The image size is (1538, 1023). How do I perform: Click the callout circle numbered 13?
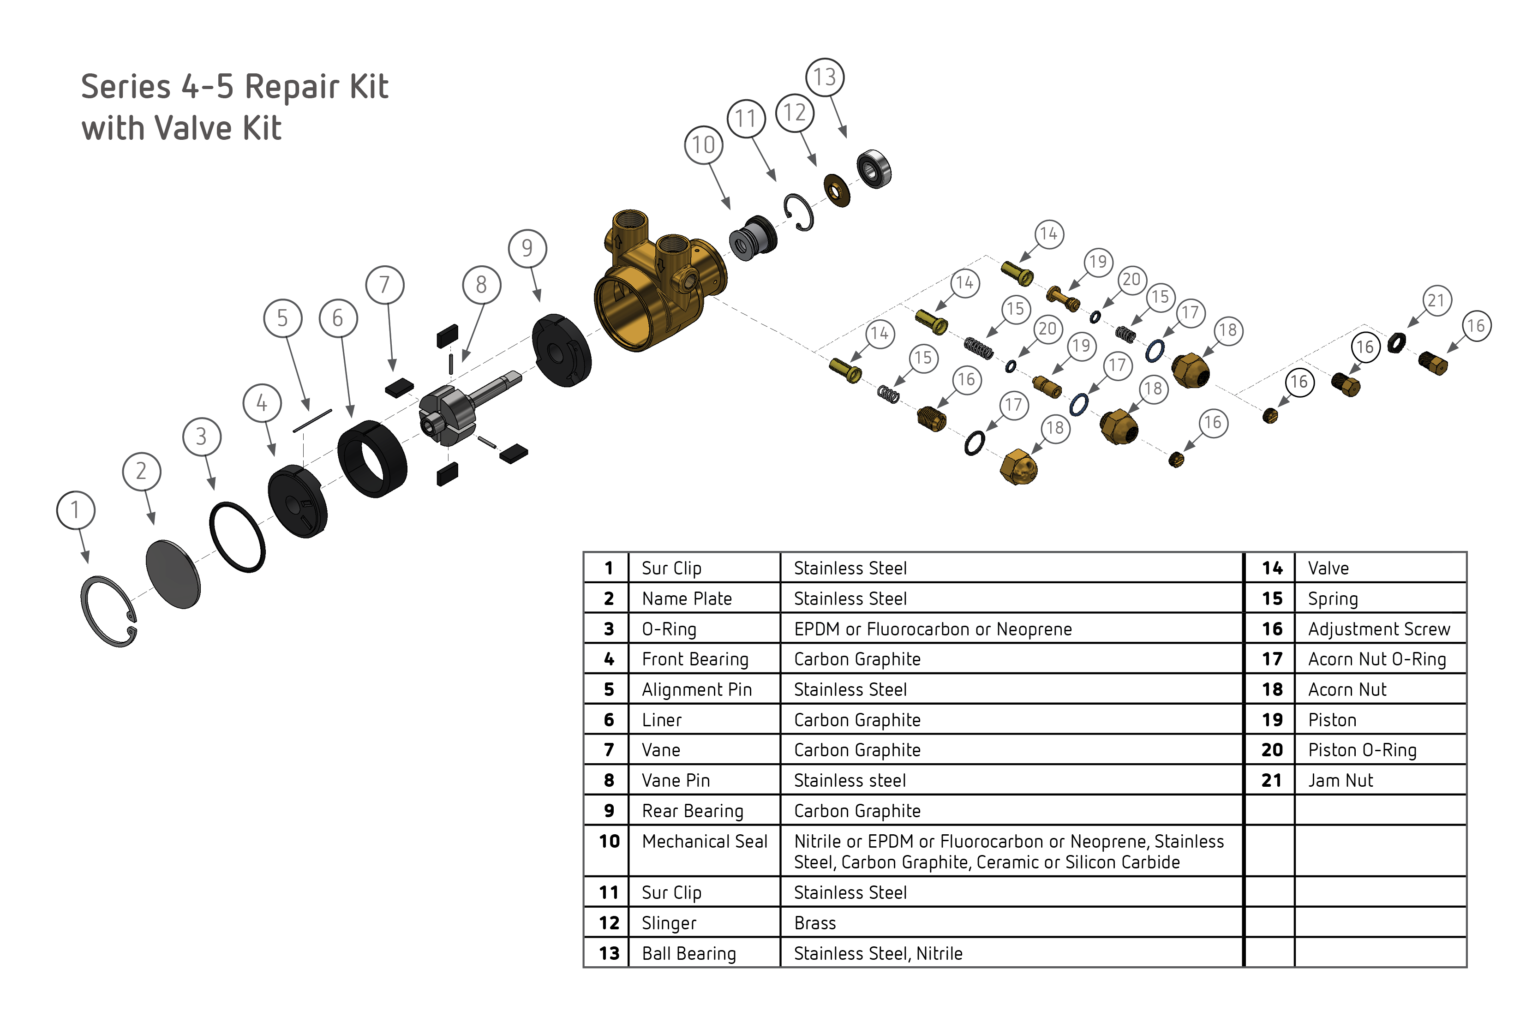click(x=825, y=77)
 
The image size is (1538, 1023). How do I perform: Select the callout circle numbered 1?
click(x=76, y=509)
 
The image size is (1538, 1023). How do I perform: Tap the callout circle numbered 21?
click(x=1436, y=301)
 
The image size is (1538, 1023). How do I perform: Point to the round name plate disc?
click(x=173, y=574)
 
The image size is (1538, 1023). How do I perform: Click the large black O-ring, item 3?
click(x=238, y=537)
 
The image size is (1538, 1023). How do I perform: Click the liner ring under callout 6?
click(x=372, y=458)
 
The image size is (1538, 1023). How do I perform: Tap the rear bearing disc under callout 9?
click(x=561, y=350)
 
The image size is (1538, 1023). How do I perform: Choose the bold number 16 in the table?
click(x=1271, y=629)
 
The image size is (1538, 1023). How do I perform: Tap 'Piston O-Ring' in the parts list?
click(x=1361, y=750)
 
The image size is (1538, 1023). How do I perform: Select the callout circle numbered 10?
click(x=703, y=145)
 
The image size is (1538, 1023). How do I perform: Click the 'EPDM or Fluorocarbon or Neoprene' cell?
click(x=932, y=629)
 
